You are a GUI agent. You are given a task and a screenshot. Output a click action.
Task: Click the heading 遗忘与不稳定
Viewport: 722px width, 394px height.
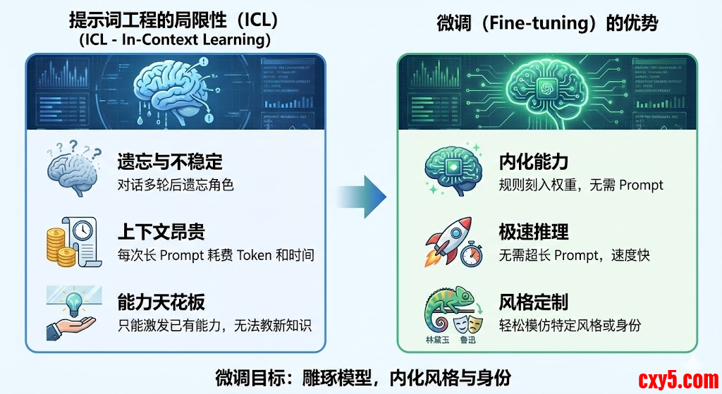coord(170,162)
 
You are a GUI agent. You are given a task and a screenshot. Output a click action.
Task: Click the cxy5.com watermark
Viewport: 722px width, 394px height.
coord(678,380)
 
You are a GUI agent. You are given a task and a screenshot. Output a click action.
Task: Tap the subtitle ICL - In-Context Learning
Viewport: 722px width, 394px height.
coord(175,40)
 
